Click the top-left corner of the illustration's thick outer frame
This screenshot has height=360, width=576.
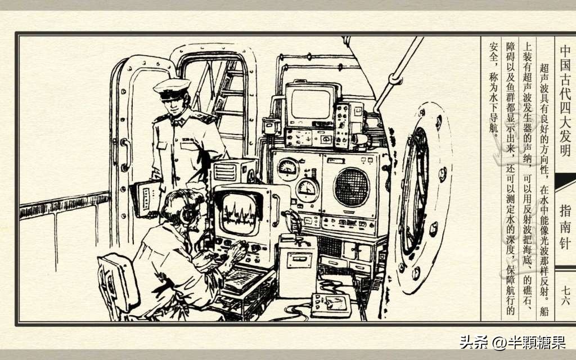coord(16,33)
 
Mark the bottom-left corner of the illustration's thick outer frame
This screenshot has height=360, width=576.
coord(16,325)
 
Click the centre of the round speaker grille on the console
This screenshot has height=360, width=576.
coord(352,187)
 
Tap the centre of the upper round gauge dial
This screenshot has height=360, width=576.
coord(288,168)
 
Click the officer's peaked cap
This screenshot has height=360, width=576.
coord(172,88)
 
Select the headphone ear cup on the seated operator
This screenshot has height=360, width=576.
coord(187,215)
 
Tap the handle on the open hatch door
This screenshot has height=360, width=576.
coord(125,155)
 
